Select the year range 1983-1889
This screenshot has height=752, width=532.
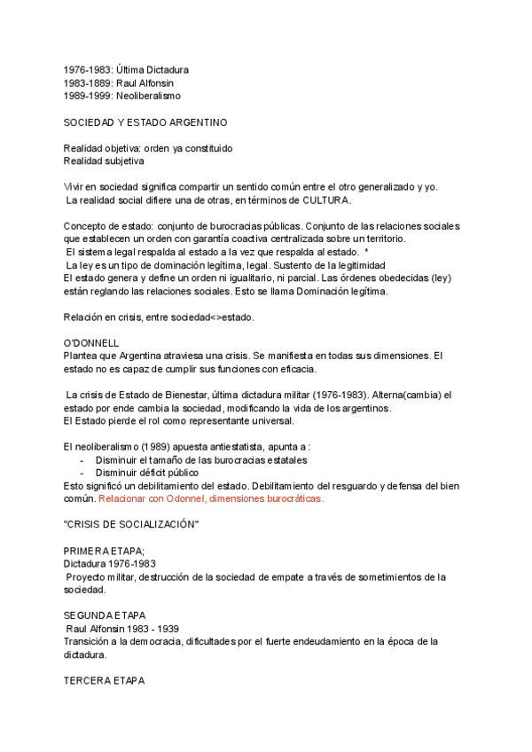pos(87,82)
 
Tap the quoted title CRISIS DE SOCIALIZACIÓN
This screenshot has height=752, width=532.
pos(130,525)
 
